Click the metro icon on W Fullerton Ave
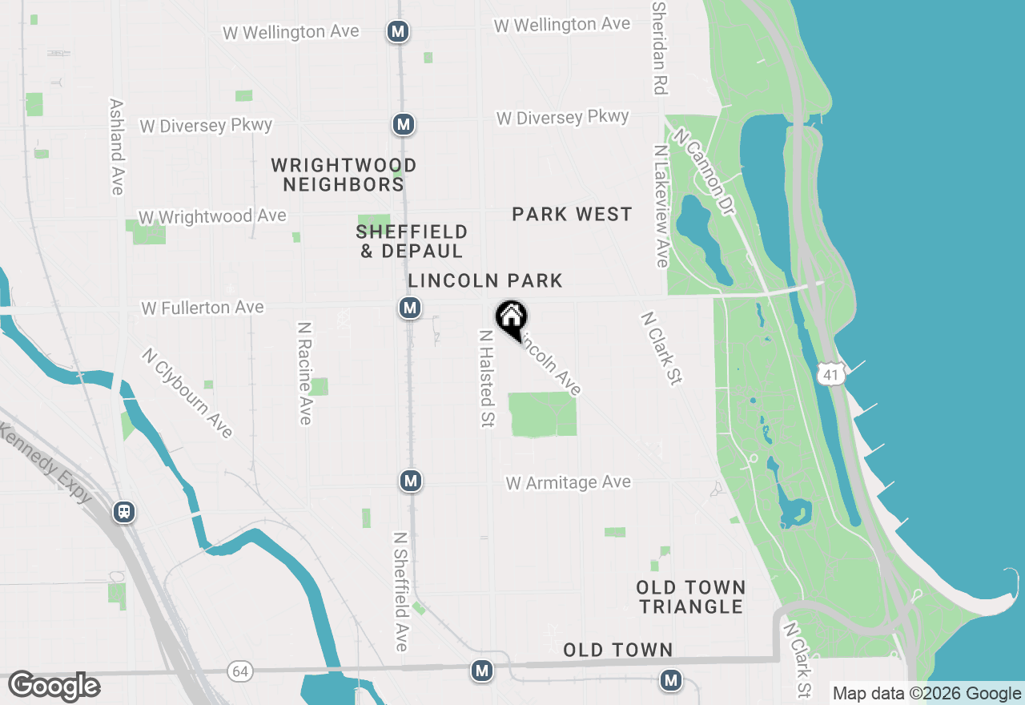(409, 308)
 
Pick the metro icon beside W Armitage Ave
(411, 481)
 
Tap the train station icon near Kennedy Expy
(124, 511)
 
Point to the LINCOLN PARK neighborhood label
(485, 280)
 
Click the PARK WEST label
(572, 214)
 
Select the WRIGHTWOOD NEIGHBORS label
(344, 175)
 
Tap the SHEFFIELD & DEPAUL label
(412, 241)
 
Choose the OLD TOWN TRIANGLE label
(691, 597)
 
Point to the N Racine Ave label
(305, 373)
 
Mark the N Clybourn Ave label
(187, 393)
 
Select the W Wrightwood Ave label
(212, 217)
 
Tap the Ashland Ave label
(117, 147)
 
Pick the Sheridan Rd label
(660, 48)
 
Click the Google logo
(54, 686)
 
